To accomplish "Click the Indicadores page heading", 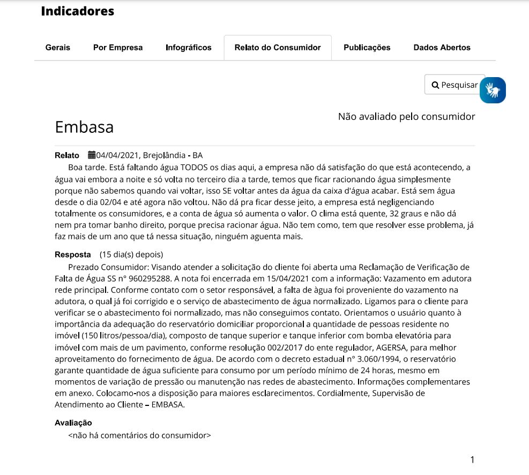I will click(x=77, y=11).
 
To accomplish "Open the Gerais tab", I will click(x=58, y=48).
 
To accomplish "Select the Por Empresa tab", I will click(x=118, y=48).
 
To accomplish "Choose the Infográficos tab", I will click(x=189, y=48).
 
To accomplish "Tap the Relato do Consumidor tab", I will click(x=278, y=48).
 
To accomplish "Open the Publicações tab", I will click(x=367, y=48).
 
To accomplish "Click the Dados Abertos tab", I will click(x=442, y=48).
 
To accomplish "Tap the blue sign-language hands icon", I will click(x=493, y=90).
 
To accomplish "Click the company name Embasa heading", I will click(x=84, y=127).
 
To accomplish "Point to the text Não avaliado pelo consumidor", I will click(x=406, y=116).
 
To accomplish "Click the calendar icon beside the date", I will click(x=92, y=156).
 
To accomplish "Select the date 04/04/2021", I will click(x=117, y=156).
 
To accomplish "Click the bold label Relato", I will click(x=67, y=156).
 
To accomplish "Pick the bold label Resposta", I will click(x=73, y=254).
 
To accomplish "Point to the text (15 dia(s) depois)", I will click(x=131, y=254).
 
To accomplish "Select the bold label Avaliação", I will click(x=73, y=423).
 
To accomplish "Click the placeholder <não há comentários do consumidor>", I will click(x=139, y=435).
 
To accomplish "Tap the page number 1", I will click(x=472, y=459).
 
